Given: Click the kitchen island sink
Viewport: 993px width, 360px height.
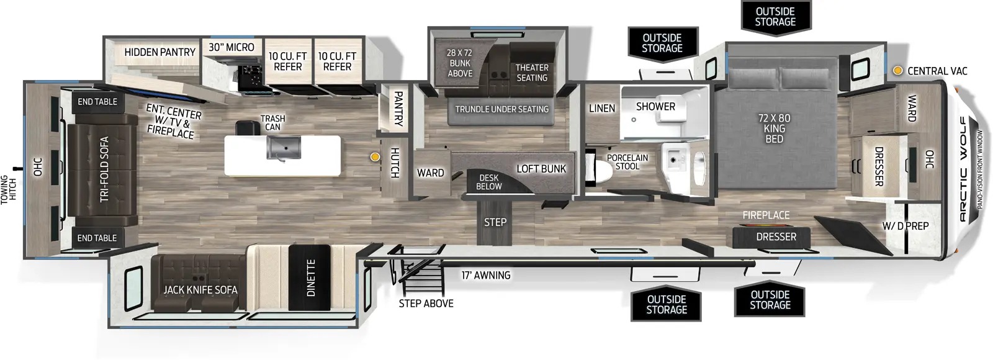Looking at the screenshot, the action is coord(284,148).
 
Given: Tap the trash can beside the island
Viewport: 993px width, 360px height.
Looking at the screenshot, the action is coord(248,128).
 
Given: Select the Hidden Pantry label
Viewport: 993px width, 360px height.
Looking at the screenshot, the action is coord(160,52).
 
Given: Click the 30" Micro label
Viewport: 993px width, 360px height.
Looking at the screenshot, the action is coord(231,47).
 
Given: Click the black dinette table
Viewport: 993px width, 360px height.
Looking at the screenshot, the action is coord(310,277).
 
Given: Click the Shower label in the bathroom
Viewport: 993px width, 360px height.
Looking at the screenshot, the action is coord(655,106).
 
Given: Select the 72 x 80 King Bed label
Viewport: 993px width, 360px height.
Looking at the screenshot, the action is coord(775,128).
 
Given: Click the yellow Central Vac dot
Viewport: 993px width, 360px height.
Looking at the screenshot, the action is coord(897,71).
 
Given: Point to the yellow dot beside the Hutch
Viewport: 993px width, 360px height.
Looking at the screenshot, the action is coord(375,156).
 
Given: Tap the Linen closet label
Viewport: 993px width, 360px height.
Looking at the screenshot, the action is coord(602,108).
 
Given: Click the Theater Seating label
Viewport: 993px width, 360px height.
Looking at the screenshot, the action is coord(532,73).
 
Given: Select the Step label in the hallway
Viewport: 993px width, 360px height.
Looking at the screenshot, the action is coord(495,222).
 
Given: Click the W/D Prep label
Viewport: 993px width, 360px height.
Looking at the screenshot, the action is coord(905,226).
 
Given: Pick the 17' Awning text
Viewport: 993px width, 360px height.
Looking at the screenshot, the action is coord(486,276).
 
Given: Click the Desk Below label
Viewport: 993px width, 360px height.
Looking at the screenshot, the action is coord(489,182).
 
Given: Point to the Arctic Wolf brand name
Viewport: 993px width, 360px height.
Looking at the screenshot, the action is coord(963,169).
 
